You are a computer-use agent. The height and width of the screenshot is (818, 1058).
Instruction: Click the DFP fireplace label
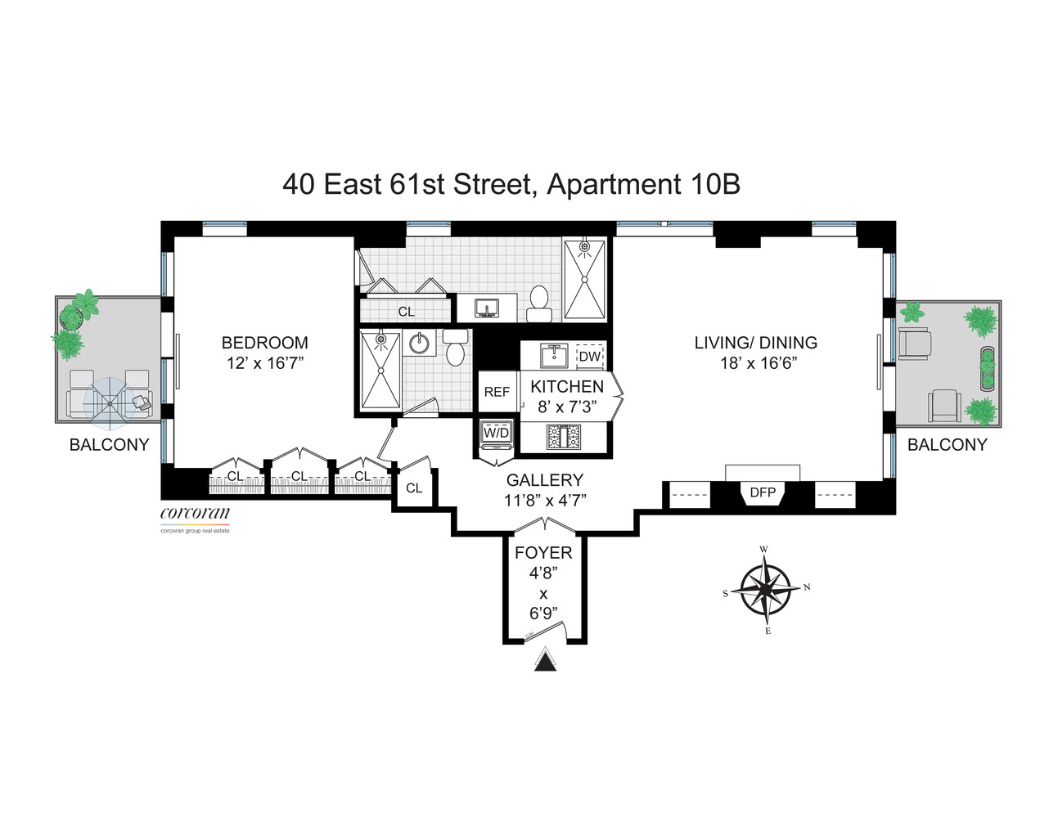(x=762, y=492)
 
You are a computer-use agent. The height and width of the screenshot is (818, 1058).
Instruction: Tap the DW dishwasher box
(x=589, y=357)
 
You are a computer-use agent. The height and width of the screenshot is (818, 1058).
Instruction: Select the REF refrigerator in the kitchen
(x=497, y=392)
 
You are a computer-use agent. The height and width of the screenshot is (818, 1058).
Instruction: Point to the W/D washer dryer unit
(x=496, y=434)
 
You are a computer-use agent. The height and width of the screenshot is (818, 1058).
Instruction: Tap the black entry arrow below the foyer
(x=545, y=662)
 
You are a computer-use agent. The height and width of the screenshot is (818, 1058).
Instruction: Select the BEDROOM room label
(x=265, y=343)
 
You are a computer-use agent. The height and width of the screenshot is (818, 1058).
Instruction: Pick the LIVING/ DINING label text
(x=755, y=343)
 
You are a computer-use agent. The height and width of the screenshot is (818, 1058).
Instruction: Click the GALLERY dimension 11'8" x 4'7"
(x=545, y=501)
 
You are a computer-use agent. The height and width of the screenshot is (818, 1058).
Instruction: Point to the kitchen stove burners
(x=562, y=438)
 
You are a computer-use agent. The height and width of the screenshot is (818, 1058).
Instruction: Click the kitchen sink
(x=554, y=356)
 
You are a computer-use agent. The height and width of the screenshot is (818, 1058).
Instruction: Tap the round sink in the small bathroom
(x=421, y=344)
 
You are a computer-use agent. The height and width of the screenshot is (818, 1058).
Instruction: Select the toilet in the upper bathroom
(x=539, y=303)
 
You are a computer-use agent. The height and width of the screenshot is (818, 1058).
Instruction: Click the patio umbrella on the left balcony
(x=108, y=402)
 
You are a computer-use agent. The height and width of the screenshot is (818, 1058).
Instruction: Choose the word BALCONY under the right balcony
(x=947, y=445)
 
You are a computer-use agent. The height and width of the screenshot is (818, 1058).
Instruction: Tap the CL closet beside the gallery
(x=414, y=488)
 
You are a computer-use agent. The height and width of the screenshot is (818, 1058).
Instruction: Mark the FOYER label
(x=543, y=553)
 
